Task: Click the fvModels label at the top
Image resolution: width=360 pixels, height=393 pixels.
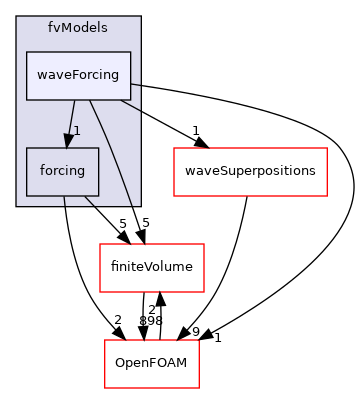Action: pos(78,26)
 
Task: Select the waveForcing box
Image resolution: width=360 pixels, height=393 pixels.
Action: pos(78,75)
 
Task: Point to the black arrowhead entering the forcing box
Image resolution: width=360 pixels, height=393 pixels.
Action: pos(67,142)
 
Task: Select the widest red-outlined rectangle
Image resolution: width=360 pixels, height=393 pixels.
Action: pos(250,171)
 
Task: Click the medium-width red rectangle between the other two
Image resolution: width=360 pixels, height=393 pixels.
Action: pos(152,267)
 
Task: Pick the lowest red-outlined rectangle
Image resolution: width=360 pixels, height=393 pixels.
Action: pos(152,364)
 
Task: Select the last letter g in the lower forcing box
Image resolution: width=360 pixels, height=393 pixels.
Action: pos(84,172)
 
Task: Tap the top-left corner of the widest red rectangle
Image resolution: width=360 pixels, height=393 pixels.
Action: pos(174,148)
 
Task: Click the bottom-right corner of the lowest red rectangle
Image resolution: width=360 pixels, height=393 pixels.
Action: pos(199,388)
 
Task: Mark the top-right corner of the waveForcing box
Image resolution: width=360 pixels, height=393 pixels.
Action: pos(131,52)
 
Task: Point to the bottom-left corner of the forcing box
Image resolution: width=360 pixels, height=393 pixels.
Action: pos(27,195)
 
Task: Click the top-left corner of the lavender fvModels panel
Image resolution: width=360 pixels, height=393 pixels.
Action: pos(17,16)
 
